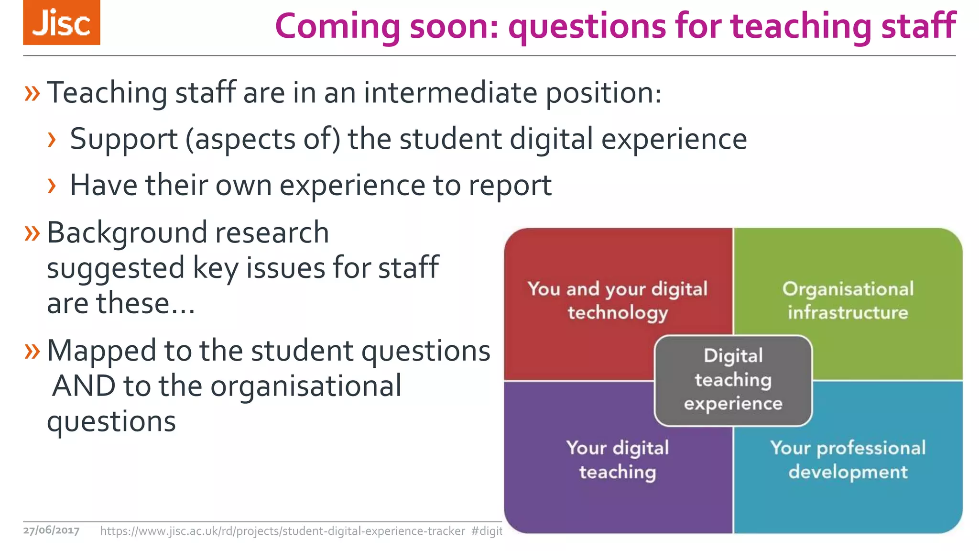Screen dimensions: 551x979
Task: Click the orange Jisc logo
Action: pyautogui.click(x=62, y=22)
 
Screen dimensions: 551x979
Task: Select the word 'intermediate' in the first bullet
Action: pyautogui.click(x=450, y=93)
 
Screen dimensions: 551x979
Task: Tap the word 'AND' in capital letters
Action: pyautogui.click(x=84, y=386)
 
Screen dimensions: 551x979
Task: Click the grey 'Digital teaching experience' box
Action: pyautogui.click(x=733, y=380)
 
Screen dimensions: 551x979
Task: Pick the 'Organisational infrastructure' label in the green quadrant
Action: pyautogui.click(x=848, y=300)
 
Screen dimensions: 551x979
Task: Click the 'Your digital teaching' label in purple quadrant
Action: pyautogui.click(x=618, y=460)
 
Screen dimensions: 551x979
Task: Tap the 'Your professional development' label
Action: pyautogui.click(x=848, y=460)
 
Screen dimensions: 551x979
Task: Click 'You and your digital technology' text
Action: pyautogui.click(x=618, y=300)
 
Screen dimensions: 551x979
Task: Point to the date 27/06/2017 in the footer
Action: pyautogui.click(x=51, y=530)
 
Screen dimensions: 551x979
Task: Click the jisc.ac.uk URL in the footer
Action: pyautogui.click(x=282, y=531)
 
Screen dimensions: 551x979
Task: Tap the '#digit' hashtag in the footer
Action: pyautogui.click(x=487, y=531)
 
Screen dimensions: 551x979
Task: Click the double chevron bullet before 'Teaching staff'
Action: pyautogui.click(x=32, y=93)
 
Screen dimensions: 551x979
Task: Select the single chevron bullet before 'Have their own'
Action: pyautogui.click(x=52, y=186)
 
